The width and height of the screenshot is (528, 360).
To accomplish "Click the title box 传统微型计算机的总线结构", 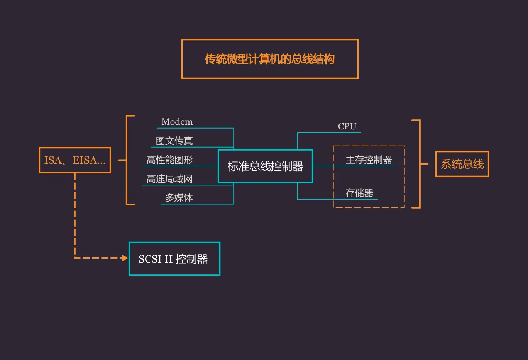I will [269, 59].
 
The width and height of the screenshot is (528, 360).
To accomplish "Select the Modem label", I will [177, 122].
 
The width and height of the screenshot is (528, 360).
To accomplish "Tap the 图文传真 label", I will [174, 141].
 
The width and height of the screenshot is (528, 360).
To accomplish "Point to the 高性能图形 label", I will [169, 160].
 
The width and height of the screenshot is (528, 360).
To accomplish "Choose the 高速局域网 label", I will [169, 179].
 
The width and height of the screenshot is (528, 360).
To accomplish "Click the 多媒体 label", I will [179, 198].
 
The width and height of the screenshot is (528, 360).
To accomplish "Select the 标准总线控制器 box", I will [265, 166].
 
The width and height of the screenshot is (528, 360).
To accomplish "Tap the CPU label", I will [347, 126].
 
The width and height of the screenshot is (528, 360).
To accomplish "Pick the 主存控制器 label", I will [369, 160].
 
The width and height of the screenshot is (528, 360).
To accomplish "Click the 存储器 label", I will [359, 193].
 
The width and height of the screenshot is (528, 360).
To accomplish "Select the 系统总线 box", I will [462, 164].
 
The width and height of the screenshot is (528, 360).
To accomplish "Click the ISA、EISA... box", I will [75, 160].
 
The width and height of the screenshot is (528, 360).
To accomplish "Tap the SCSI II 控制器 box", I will [174, 259].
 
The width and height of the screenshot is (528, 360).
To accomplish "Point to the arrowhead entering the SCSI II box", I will [125, 258].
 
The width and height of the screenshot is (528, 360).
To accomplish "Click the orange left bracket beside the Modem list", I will [127, 160].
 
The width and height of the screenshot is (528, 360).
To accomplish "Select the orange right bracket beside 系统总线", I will [419, 164].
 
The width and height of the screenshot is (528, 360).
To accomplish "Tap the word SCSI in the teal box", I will [150, 259].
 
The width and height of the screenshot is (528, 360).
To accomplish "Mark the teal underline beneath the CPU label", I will [329, 133].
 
